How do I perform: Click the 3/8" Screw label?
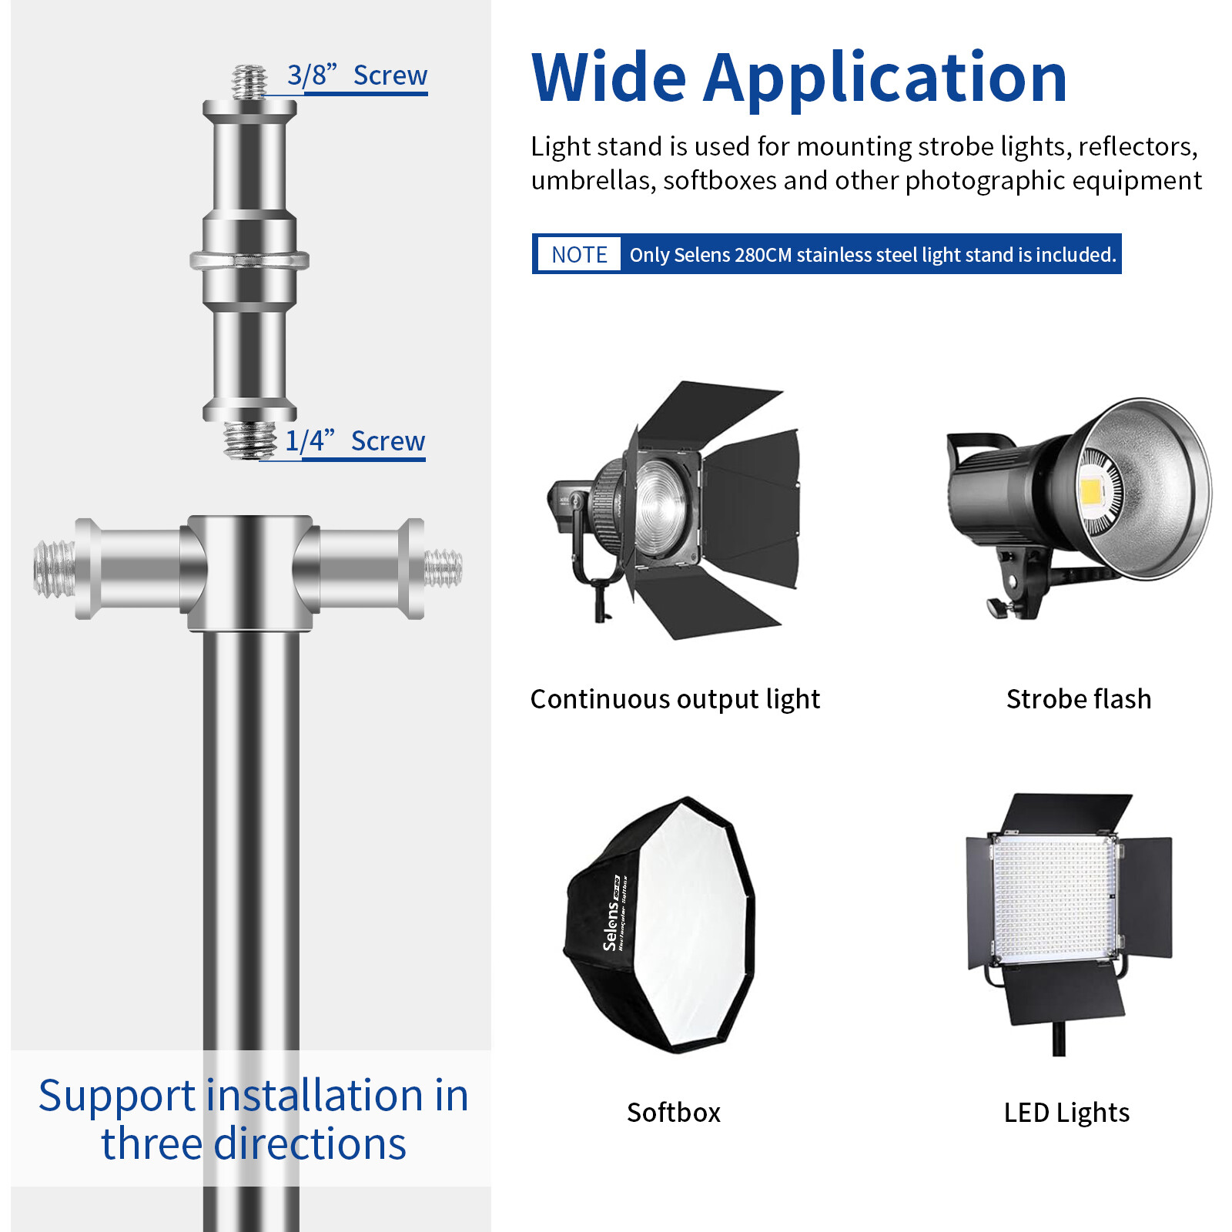pos(357,75)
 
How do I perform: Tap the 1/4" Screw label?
pos(355,441)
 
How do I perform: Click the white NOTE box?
pos(579,254)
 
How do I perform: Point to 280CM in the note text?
pos(763,255)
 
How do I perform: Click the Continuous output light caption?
pos(675,699)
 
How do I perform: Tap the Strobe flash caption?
pos(1079,699)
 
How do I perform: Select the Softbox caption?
pos(674,1113)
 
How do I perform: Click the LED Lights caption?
pos(1066,1113)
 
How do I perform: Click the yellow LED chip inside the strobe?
pos(1091,491)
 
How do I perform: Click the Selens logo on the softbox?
pos(610,925)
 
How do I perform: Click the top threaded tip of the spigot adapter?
pos(249,82)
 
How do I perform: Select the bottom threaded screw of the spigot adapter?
pos(249,439)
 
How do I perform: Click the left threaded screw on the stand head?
pos(55,569)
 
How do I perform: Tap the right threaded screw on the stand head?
pos(444,568)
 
